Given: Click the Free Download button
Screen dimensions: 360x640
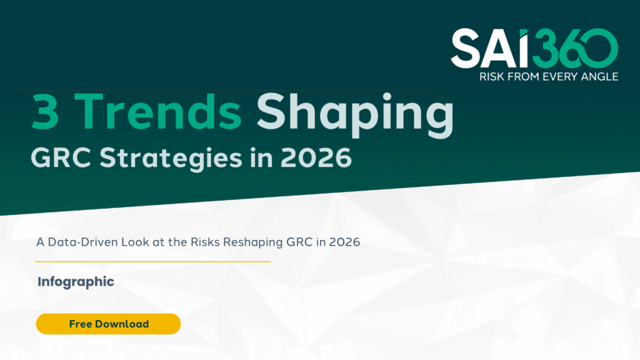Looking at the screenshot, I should [108, 324].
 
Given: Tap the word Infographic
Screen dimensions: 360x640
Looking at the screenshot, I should [76, 281].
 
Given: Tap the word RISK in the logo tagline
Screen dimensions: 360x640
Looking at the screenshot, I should [491, 77].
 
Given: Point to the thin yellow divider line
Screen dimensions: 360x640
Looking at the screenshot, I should [153, 261].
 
